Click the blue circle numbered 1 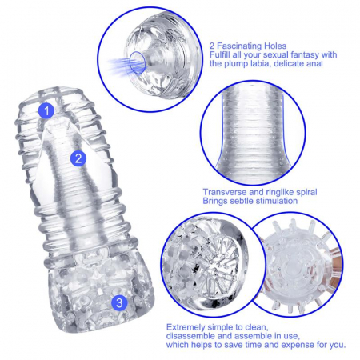click(48, 110)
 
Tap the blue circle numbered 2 click(78, 158)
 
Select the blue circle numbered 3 click(118, 302)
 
